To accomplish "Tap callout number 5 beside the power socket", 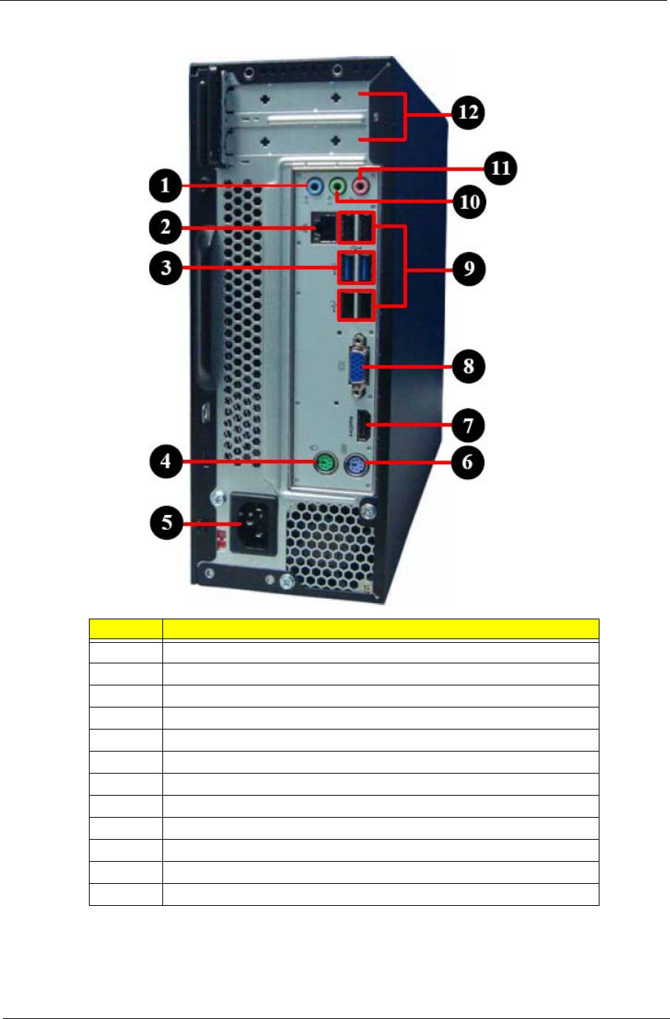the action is (x=167, y=523).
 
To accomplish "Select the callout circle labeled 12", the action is (x=468, y=112).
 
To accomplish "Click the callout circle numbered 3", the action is (x=166, y=267).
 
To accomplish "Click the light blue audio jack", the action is (x=314, y=186).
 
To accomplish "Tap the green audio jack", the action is (x=337, y=186).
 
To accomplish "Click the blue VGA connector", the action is (x=356, y=365).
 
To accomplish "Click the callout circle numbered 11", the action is (x=500, y=168).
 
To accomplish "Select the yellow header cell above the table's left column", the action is (x=126, y=629).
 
